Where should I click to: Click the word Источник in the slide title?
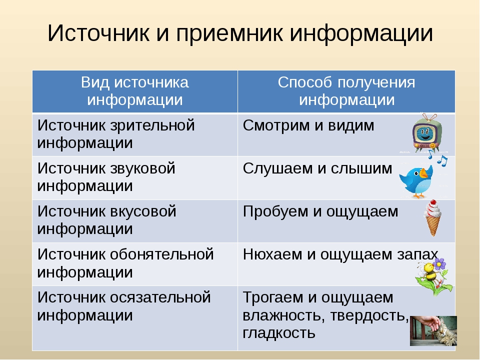pos(98,32)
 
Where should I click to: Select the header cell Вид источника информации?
pos(135,91)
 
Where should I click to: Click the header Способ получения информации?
pos(346,91)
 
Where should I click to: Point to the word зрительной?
pos(152,126)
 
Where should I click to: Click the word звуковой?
pos(142,168)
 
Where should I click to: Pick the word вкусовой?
pos(143,211)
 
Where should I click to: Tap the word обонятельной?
pos(161,254)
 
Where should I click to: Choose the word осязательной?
pos(160,297)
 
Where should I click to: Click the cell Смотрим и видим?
pos(308,125)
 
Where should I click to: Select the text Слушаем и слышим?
pos(317,168)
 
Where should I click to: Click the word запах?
pos(418,255)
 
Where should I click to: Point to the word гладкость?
pos(279,333)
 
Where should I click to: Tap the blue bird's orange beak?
pos(423,173)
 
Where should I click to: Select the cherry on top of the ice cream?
pos(433,202)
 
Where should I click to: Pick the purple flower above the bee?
pos(439,263)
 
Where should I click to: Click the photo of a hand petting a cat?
pos(433,331)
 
